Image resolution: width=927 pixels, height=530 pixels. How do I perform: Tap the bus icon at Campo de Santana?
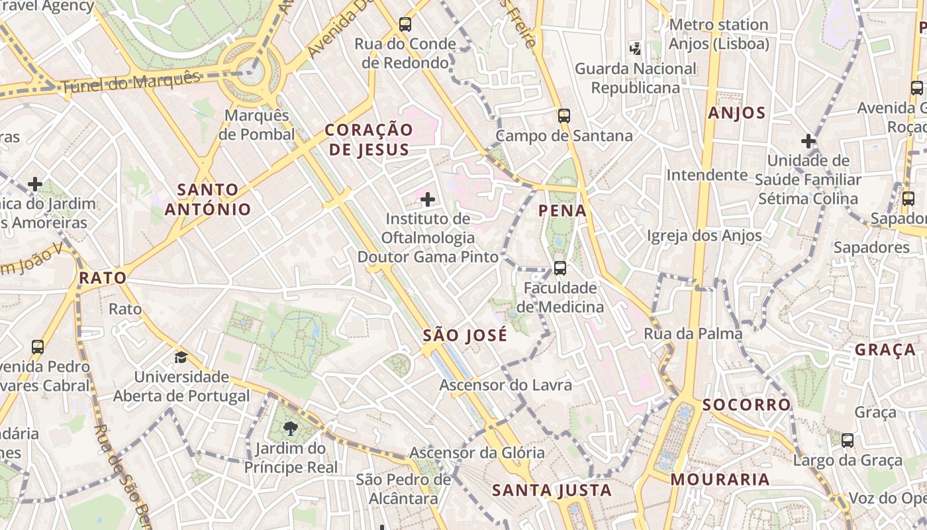563,116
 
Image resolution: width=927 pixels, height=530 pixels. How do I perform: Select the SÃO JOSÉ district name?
465,335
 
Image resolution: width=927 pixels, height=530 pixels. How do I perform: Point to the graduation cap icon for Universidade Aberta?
181,358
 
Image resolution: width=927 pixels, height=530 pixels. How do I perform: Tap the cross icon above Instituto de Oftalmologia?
428,199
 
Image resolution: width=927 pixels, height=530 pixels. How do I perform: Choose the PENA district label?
562,211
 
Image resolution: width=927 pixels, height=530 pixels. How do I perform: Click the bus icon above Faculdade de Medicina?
560,268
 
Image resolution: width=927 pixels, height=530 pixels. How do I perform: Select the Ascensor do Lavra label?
506,385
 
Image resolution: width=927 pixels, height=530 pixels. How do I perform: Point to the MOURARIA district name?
720,479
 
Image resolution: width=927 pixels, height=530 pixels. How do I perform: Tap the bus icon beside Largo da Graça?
847,441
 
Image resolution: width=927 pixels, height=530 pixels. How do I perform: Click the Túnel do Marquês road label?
130,81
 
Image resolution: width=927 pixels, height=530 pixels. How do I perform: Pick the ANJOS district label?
736,113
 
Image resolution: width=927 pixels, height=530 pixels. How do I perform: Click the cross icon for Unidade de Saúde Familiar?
808,141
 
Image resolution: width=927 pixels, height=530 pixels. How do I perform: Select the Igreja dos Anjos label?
704,235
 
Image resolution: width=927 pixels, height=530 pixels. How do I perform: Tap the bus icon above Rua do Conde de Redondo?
405,25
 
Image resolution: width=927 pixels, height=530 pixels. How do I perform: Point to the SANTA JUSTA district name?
552,491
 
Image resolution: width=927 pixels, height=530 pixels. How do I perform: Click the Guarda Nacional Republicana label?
635,78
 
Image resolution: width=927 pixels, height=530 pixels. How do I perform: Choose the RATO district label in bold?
103,278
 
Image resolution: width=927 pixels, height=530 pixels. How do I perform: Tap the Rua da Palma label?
693,334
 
